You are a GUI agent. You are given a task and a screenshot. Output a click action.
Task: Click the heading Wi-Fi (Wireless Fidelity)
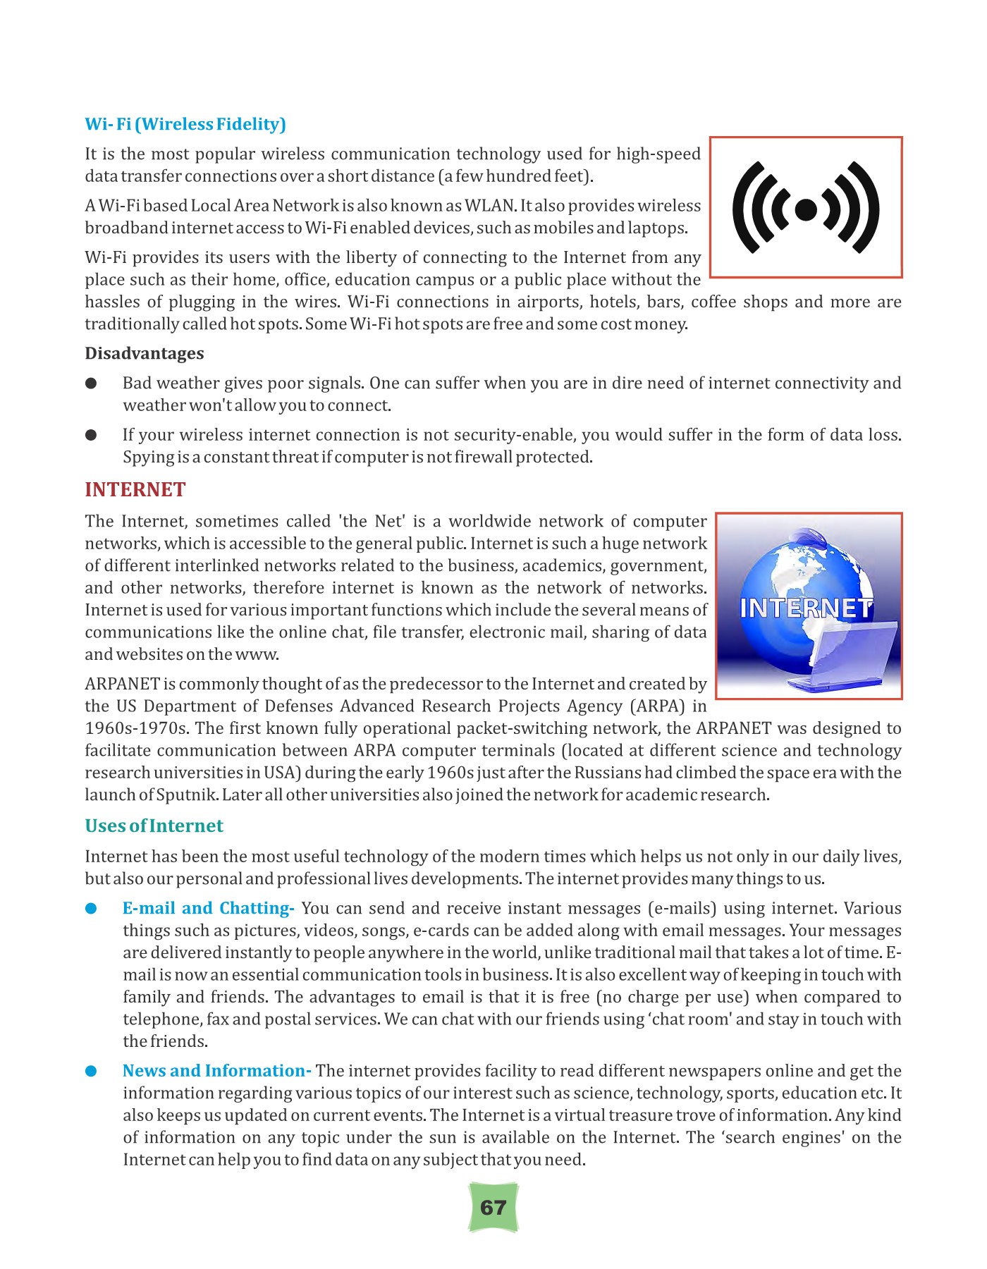point(185,124)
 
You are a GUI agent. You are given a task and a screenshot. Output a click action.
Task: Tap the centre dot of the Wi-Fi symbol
point(806,209)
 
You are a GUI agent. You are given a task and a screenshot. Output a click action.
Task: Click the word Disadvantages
point(145,353)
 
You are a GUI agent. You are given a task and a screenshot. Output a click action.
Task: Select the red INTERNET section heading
point(135,489)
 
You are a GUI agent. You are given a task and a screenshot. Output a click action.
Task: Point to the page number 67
point(493,1208)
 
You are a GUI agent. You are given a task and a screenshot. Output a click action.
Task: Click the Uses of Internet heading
point(154,826)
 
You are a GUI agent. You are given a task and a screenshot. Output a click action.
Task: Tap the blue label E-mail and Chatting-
point(208,908)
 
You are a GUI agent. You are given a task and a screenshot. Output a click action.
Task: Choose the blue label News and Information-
point(216,1071)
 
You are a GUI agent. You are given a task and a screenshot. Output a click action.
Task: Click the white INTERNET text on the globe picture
point(807,608)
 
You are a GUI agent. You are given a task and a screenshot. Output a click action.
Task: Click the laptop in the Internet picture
point(846,656)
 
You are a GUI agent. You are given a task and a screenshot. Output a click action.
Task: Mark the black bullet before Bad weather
point(91,384)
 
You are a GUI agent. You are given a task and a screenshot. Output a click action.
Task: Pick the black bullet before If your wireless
point(91,435)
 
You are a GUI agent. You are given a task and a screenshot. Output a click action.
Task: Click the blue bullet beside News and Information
point(91,1072)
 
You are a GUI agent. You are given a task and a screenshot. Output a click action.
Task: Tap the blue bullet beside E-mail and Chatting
point(91,909)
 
